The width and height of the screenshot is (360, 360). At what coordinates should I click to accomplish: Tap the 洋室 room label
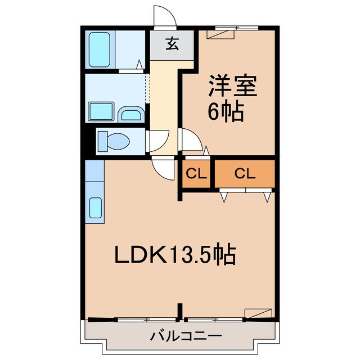pyautogui.click(x=233, y=87)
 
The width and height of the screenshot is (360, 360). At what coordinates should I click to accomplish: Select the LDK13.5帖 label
pyautogui.click(x=174, y=256)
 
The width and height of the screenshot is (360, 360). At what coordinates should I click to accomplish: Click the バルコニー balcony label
pyautogui.click(x=178, y=337)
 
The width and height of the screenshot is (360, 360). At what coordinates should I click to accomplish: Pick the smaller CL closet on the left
pyautogui.click(x=194, y=174)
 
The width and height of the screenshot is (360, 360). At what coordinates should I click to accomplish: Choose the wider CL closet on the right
pyautogui.click(x=245, y=174)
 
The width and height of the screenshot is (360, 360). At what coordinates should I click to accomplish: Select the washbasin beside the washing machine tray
pyautogui.click(x=132, y=114)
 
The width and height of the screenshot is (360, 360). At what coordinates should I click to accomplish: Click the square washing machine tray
pyautogui.click(x=102, y=112)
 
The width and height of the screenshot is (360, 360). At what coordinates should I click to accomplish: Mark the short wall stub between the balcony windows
pyautogui.click(x=180, y=311)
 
